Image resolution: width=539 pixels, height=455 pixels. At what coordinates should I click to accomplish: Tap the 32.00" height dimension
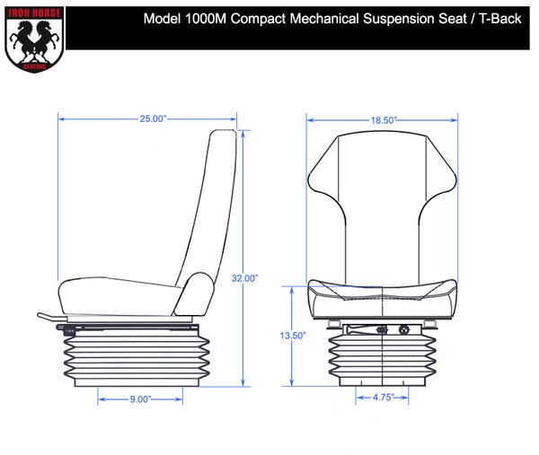click(245, 278)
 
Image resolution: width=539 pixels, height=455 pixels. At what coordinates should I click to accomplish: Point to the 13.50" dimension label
click(294, 335)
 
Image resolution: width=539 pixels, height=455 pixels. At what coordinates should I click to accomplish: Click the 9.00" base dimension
click(138, 398)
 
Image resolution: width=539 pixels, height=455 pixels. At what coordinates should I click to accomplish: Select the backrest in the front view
click(381, 197)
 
